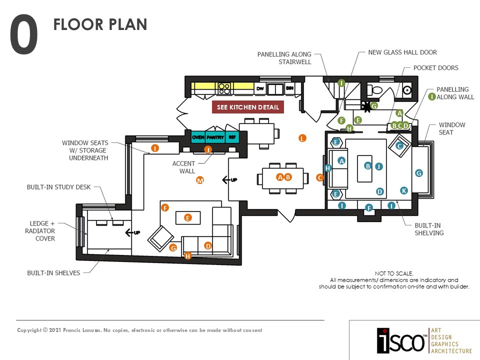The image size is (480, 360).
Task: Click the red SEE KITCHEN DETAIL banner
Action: coord(248,107)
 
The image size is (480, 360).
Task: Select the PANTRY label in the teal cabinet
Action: coord(215,137)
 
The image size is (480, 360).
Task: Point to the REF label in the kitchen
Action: coord(232,137)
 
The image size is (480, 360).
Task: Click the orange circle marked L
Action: coord(302,138)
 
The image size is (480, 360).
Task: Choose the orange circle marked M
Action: coord(200,180)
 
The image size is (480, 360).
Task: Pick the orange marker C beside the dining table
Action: coord(320,177)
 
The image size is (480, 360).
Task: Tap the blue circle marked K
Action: coord(404,190)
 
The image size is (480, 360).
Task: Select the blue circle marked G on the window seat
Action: coord(419,173)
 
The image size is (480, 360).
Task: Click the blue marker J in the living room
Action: coord(378,166)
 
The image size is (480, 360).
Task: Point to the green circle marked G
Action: coord(373,106)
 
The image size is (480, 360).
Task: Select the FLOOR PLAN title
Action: coord(100,24)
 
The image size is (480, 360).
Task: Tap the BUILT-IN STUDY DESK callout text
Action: coord(59,187)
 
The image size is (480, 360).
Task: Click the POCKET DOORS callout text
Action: coord(435,68)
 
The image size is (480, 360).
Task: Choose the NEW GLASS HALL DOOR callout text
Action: coord(402,52)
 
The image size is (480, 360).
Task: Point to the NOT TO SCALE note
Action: coord(394,273)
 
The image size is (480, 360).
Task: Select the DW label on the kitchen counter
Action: coord(259,89)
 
